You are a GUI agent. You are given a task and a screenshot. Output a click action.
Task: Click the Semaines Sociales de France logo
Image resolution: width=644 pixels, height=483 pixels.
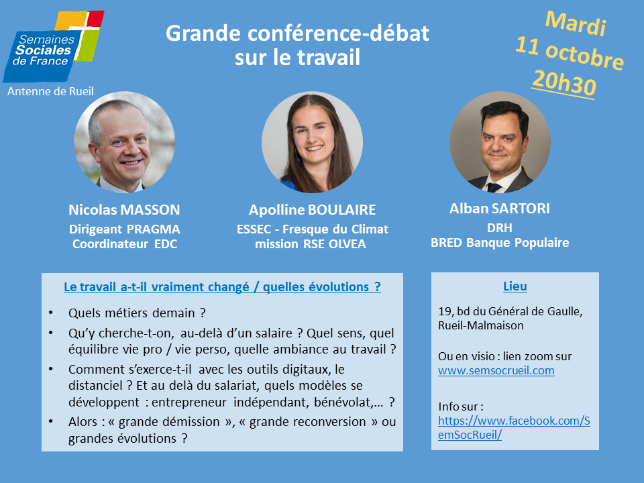53,46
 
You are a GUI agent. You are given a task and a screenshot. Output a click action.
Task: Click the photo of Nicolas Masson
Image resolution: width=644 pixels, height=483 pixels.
125,142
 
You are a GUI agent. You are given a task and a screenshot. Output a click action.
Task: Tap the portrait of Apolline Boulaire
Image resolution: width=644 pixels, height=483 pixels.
312,142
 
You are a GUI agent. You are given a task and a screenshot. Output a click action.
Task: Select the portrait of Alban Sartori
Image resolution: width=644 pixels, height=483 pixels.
500,142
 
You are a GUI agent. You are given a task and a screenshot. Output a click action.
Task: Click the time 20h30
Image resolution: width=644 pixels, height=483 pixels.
564,83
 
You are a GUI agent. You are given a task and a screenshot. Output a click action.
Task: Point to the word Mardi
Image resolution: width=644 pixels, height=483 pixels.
576,23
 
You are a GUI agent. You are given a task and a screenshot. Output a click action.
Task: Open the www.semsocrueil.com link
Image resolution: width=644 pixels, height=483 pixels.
496,370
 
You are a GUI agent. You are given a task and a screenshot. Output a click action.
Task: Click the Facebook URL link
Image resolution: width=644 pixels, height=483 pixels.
514,427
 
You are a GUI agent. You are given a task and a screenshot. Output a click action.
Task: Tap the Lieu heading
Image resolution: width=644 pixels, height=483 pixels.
515,286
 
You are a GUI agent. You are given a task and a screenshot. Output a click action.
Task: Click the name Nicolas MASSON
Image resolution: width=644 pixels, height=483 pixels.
125,210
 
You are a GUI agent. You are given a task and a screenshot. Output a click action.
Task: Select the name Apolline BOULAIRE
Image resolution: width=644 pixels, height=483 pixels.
312,210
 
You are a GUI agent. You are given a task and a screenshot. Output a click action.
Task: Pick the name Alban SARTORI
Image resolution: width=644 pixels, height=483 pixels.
499,209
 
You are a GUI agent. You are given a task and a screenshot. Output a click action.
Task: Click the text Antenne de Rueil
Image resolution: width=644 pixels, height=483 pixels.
50,91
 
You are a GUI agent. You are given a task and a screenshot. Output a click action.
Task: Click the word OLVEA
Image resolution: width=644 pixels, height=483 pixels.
347,244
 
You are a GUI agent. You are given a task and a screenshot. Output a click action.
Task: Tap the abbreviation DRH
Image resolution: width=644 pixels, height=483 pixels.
499,228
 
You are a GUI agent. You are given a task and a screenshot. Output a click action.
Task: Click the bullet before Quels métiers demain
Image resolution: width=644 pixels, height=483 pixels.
50,313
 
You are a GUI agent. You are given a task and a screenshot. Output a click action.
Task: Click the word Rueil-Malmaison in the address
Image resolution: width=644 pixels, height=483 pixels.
480,326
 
